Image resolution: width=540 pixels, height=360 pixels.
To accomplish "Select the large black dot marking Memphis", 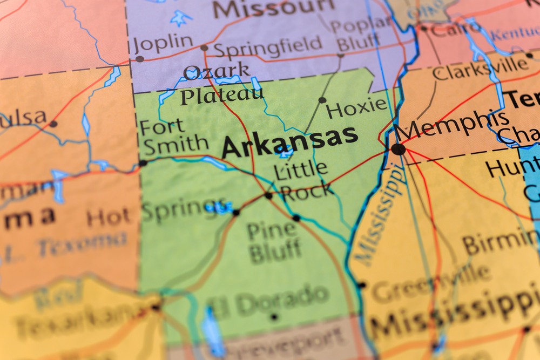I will pos(399,149).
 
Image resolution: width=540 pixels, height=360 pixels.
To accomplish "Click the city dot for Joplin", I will pos(140,58).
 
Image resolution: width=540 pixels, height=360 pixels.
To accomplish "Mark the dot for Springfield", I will pos(204,48).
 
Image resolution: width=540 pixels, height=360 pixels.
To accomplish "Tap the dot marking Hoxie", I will pos(322,100).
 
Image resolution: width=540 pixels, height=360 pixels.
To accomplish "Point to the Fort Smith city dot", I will pos(143,162).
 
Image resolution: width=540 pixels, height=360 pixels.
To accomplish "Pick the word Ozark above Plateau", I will pos(217,71).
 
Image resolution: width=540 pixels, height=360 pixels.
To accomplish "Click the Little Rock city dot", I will pos(268,195).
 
